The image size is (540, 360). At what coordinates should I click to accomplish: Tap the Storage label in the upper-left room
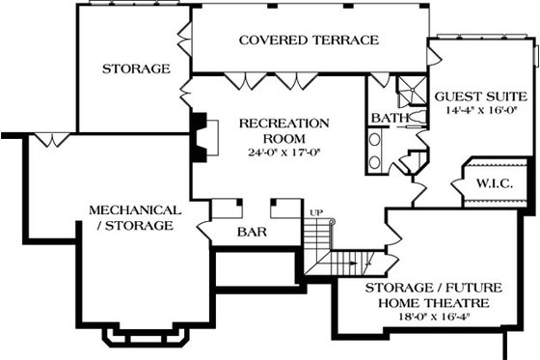136,69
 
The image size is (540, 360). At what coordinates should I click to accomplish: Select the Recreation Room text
283,130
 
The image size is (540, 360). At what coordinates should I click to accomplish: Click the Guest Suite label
479,97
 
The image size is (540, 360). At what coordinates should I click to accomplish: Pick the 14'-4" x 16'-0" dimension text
479,111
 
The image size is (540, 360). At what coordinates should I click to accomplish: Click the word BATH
385,120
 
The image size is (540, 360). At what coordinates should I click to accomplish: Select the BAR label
252,232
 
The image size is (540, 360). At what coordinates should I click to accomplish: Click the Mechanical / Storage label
134,217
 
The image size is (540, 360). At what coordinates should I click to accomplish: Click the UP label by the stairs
314,211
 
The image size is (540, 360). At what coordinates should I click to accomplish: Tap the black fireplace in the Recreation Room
200,134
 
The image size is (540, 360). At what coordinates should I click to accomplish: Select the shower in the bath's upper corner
410,89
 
